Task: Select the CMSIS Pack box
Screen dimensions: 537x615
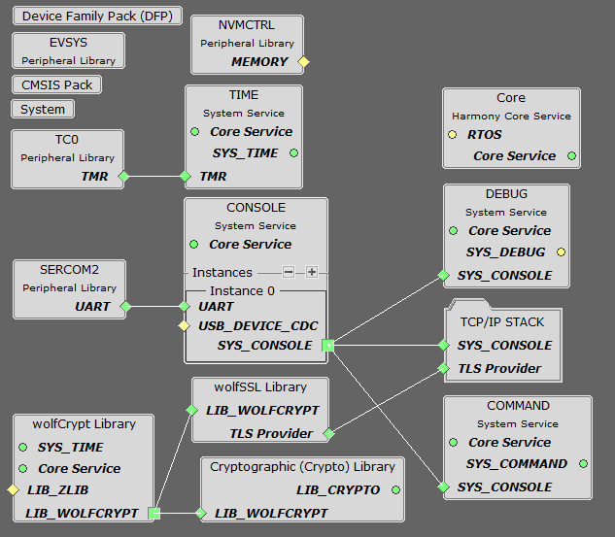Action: point(56,84)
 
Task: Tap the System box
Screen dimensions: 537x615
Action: point(43,110)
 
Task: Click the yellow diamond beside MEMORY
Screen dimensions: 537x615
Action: point(303,61)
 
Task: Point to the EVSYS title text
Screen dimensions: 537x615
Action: point(68,43)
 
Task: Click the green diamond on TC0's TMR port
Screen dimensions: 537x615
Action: point(123,177)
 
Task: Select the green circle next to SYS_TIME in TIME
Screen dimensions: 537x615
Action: point(293,152)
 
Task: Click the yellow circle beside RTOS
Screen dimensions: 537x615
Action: point(452,135)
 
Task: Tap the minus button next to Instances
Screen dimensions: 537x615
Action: point(289,272)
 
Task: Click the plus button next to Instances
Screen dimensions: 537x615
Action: point(311,272)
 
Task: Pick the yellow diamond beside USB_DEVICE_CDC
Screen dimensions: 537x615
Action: point(185,326)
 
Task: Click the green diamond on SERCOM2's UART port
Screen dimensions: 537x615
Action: point(123,307)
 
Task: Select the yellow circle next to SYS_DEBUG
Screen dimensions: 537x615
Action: point(561,252)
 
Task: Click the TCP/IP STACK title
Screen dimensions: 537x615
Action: point(502,321)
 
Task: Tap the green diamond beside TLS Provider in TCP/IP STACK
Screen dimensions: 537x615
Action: point(443,369)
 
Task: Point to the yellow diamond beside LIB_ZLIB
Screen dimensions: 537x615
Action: point(14,489)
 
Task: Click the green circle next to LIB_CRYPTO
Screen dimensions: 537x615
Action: point(395,489)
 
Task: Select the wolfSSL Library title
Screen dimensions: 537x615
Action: point(260,386)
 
